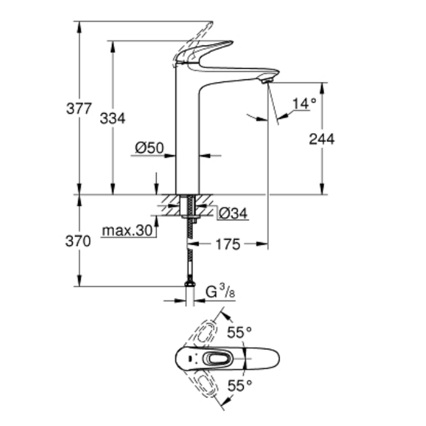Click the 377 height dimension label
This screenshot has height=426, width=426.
tap(79, 109)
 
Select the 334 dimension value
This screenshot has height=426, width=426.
tap(112, 118)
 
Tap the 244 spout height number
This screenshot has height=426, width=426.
tap(322, 139)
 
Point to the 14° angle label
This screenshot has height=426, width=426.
tap(305, 103)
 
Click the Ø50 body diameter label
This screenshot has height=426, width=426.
tap(149, 148)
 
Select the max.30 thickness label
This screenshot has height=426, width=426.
tap(127, 231)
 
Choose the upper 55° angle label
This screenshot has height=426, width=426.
tap(239, 332)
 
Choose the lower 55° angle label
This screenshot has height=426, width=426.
tap(239, 386)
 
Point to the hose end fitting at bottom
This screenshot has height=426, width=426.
tap(190, 283)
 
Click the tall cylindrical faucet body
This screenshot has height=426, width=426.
tap(187, 136)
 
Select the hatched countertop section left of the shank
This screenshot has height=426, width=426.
tap(170, 204)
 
